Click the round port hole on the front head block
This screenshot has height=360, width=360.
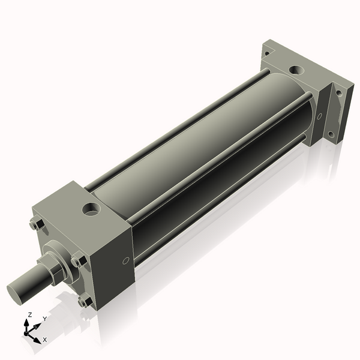click(92, 209)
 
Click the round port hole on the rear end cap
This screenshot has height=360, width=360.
click(296, 70)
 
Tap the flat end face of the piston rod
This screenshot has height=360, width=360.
click(16, 292)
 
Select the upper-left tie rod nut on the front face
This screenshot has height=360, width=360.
click(35, 225)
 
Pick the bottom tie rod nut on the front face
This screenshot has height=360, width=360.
click(85, 301)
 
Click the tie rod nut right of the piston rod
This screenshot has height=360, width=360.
click(78, 262)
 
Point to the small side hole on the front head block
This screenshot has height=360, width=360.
click(125, 260)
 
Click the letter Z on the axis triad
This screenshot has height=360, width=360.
click(29, 314)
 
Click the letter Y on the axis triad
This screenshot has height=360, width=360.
click(44, 319)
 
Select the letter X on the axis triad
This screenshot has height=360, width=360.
click(44, 340)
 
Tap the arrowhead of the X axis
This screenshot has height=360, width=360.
click(37, 336)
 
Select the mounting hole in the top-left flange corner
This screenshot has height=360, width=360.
click(266, 53)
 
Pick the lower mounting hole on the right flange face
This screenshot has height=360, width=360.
click(330, 133)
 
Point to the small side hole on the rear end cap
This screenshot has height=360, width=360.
click(319, 116)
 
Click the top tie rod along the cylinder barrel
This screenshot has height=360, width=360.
click(180, 126)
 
